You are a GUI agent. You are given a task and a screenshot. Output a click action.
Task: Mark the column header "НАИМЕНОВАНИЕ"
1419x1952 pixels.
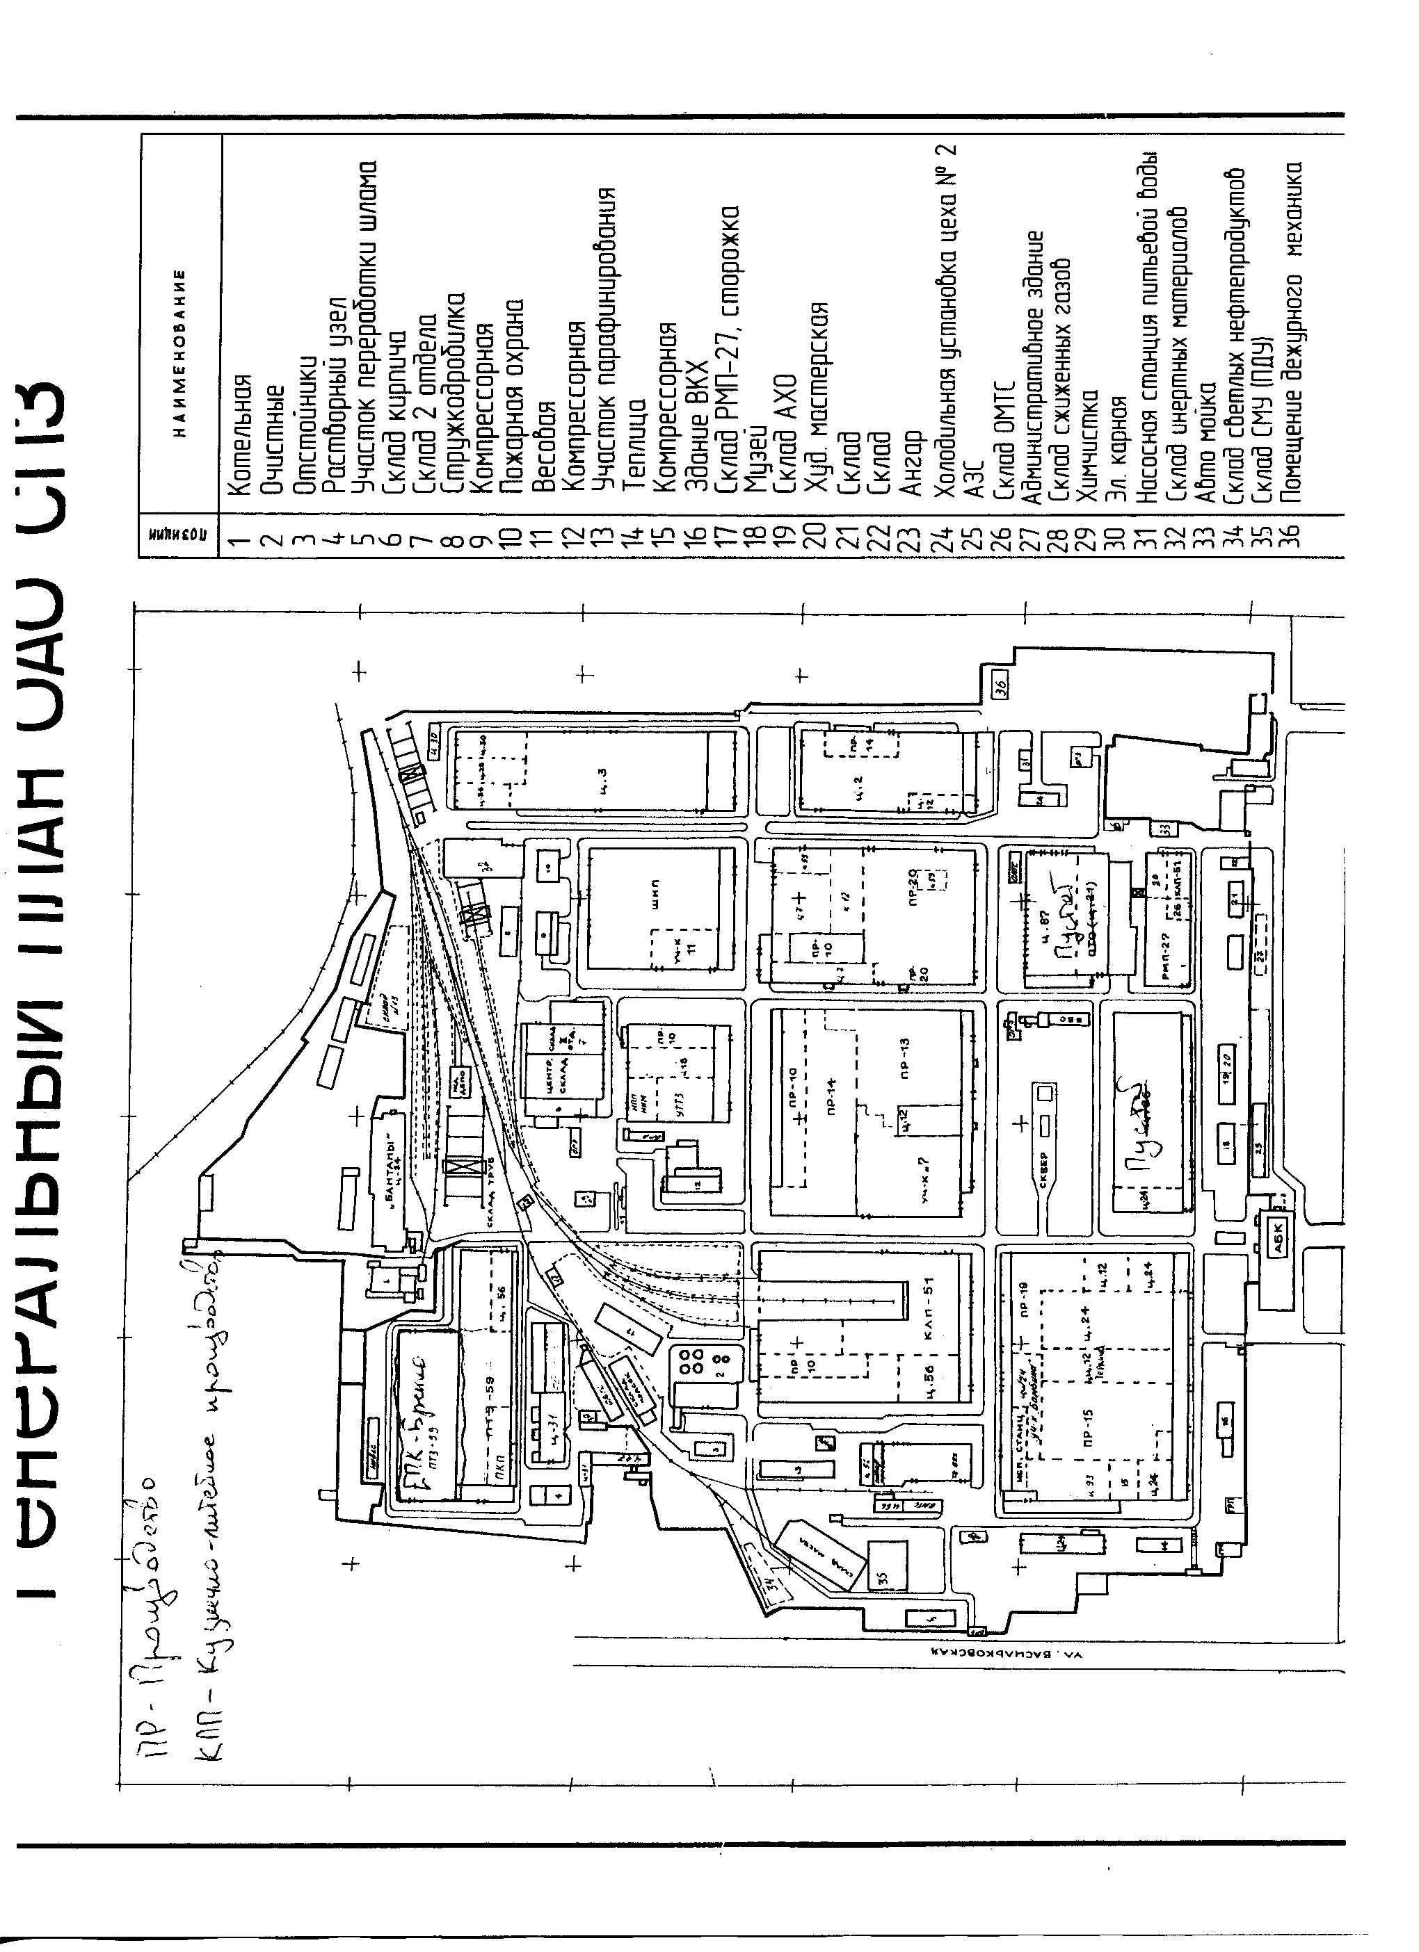pos(178,353)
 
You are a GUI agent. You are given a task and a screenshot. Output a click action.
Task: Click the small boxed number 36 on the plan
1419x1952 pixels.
pos(999,684)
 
